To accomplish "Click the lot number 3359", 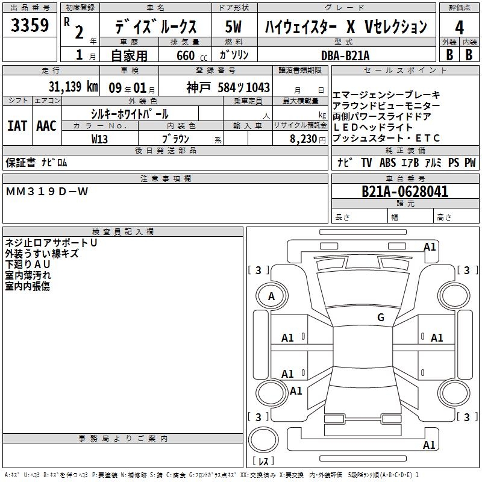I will tap(30, 25).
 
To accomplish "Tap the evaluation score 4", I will tap(460, 27).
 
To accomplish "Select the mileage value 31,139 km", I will tap(73, 87).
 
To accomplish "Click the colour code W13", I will tap(99, 139).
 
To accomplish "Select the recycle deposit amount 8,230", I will tap(305, 139).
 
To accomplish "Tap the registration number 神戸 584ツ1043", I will tap(228, 87).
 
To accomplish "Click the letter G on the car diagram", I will tap(380, 318).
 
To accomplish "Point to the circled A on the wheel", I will tap(272, 296).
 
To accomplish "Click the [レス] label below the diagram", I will tap(264, 462).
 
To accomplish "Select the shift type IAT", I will tap(17, 126).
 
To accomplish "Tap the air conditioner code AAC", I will tap(46, 126).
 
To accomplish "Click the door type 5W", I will tap(234, 27).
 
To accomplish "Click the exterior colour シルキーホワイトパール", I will tap(130, 114).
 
